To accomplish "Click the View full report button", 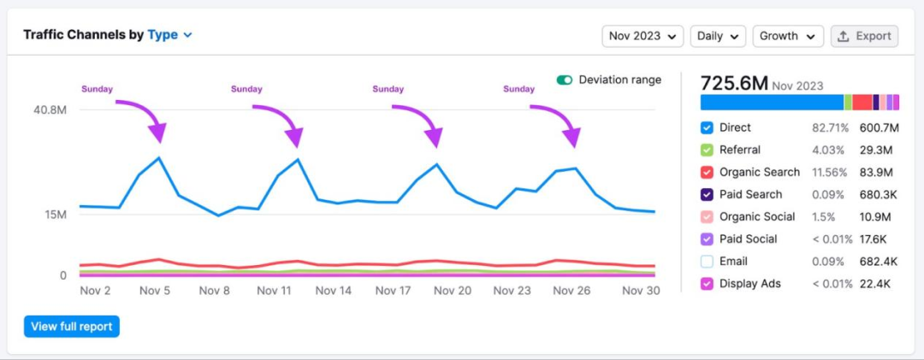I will click(72, 326).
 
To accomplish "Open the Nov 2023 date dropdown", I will click(643, 36).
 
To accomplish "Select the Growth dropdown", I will click(787, 36).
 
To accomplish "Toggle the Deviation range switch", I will click(565, 80).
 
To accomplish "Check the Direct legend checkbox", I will click(707, 127).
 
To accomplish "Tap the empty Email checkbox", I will click(707, 262).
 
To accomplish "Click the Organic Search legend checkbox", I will click(707, 172).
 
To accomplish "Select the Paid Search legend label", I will click(750, 194).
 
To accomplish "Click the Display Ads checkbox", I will click(707, 284).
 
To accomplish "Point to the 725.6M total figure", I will click(734, 84).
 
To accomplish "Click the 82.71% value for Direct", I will click(831, 127).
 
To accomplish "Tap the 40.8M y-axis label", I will click(50, 110).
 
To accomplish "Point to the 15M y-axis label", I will click(55, 214).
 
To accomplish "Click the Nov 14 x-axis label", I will click(334, 291).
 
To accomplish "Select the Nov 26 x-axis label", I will click(571, 291).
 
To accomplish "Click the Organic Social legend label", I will click(757, 216).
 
